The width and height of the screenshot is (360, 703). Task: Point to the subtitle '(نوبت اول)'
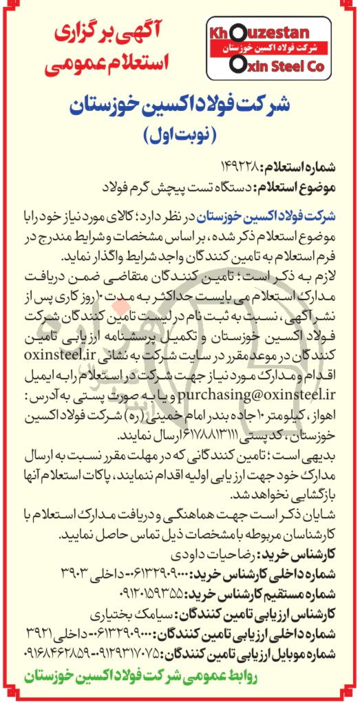(x=181, y=134)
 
